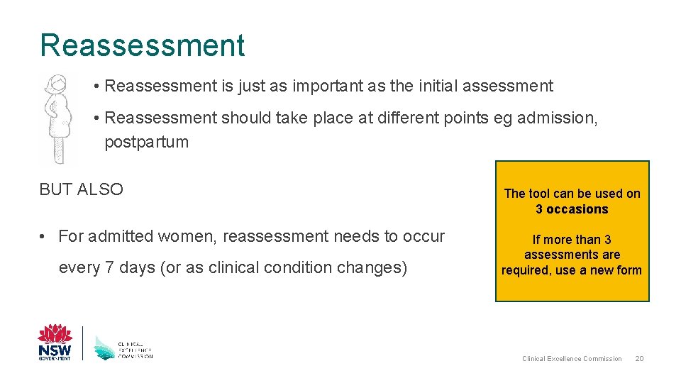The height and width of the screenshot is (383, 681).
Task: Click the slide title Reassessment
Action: [x=142, y=45]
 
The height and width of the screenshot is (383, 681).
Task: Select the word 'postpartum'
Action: [x=146, y=142]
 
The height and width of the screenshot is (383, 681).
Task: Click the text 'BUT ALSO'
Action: [x=81, y=189]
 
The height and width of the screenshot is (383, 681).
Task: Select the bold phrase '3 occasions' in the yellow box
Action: [x=572, y=209]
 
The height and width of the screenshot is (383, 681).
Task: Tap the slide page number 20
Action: [x=639, y=359]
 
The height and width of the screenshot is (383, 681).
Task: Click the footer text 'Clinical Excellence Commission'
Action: [x=572, y=359]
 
